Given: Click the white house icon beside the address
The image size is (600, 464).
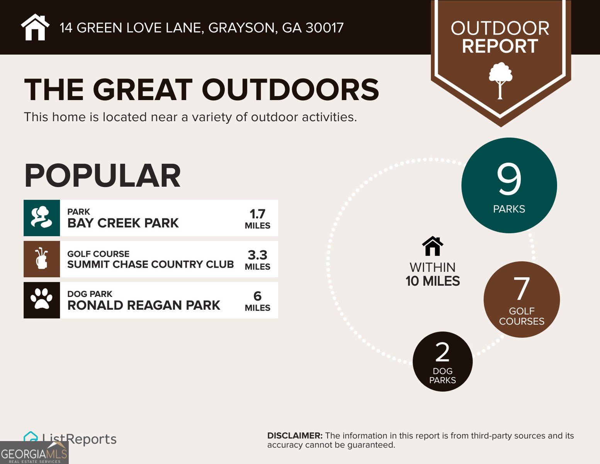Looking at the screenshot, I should pos(35,27).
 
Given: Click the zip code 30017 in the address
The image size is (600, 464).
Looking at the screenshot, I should pos(324,28).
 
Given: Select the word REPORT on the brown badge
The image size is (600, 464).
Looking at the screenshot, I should pos(500,46).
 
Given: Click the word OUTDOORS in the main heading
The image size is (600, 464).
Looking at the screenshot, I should pos(290,90).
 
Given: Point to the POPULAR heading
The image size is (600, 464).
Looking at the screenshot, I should pos(102,176).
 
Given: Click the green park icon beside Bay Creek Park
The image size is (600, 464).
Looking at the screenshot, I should pos(42,218).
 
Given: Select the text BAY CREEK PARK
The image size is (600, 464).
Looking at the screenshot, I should pos(123,223).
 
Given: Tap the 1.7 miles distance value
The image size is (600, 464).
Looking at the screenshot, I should pos(257,214).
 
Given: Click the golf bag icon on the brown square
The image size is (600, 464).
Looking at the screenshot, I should pos(42,259).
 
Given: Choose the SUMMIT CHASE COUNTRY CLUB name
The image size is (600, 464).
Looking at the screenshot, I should pos(150,264).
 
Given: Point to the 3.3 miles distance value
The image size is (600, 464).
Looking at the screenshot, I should pos(257,255).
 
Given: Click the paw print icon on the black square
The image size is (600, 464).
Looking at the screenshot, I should pos(42,300).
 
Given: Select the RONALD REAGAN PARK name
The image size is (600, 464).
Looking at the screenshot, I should pos(144,305).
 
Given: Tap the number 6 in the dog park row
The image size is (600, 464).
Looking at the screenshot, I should pos(257,296).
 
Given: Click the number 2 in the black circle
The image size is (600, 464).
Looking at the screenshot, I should pos(442,352).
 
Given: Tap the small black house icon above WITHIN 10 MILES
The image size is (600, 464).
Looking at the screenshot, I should pos(432,246).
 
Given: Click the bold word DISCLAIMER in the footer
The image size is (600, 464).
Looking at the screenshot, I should pos(294,436).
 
